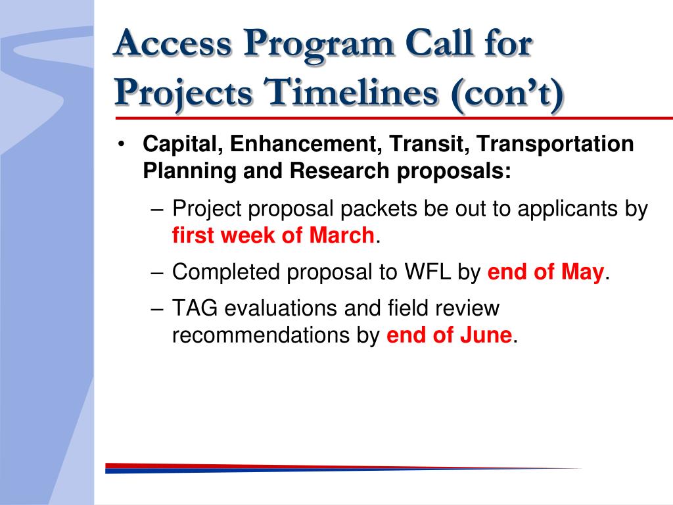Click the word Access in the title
coord(174,43)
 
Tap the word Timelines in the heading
coord(350,92)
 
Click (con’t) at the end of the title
coord(507,93)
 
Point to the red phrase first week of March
coord(273,235)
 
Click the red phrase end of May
coord(545,272)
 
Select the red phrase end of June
coord(449,335)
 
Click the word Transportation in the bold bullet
coord(555,144)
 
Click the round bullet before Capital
coord(122,144)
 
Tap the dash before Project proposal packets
coord(157,210)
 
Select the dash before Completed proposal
coord(157,273)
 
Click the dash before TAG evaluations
coord(157,309)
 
